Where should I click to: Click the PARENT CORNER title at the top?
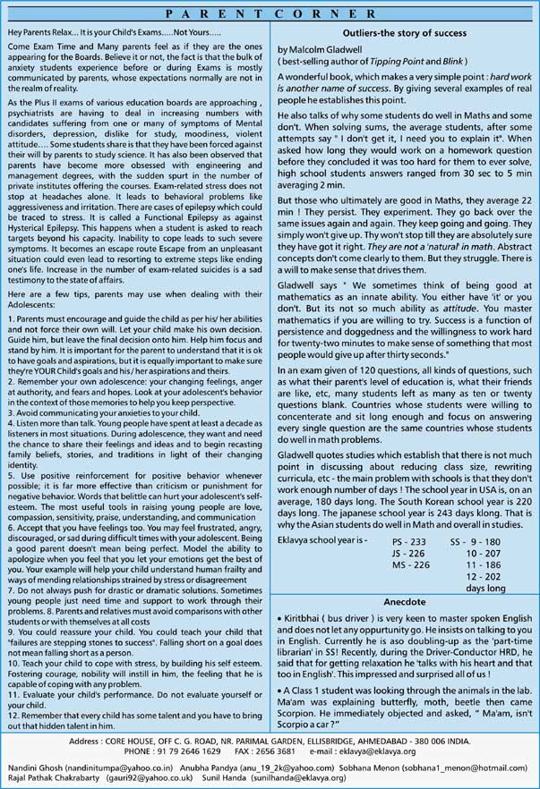click(270, 14)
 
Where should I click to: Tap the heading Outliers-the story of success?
click(403, 30)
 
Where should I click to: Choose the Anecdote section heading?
click(403, 601)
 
